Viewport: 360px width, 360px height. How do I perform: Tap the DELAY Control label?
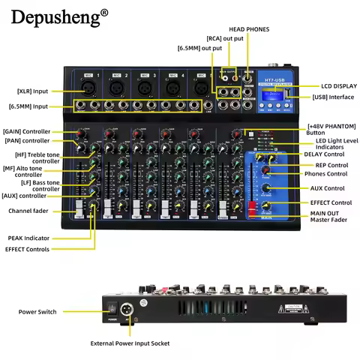(324, 154)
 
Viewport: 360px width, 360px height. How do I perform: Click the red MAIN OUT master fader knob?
(252, 205)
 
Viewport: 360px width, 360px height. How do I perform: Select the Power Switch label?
(39, 311)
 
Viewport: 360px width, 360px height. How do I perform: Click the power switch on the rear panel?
(113, 307)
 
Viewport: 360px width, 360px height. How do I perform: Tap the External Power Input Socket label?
(130, 343)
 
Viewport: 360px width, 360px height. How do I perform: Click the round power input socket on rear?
(130, 307)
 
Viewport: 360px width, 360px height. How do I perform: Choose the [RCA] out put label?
(224, 38)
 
